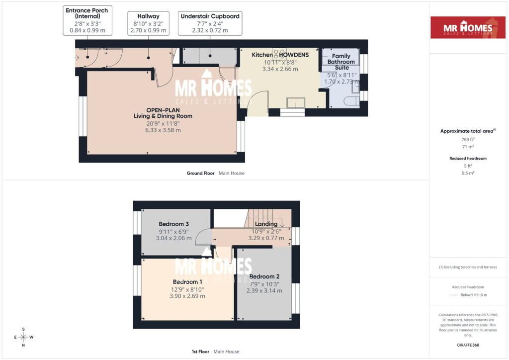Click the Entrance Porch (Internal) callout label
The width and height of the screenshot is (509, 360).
point(87,20)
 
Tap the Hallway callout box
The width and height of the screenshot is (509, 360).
point(148,23)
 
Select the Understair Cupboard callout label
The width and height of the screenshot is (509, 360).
point(210,23)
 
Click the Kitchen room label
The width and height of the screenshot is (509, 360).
point(262,55)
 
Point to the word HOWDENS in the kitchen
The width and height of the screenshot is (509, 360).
point(294,55)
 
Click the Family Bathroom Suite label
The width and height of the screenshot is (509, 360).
point(341,62)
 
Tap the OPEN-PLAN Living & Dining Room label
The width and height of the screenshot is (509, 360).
point(163,113)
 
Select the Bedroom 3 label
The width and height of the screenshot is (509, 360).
point(173,224)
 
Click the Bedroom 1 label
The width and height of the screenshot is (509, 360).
point(187,282)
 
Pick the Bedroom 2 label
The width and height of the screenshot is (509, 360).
point(264,276)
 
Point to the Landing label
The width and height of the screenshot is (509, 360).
point(266,224)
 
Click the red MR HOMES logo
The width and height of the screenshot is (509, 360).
point(468,27)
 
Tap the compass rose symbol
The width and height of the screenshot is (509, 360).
point(23,337)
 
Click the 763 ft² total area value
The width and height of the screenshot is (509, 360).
point(468,139)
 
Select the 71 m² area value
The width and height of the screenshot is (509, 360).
point(468,147)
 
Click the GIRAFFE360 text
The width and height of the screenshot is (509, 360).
point(468,345)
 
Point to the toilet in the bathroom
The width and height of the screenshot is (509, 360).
point(351,101)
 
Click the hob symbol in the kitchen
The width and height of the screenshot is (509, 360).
point(279,53)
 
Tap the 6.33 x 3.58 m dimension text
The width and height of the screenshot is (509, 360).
point(163,130)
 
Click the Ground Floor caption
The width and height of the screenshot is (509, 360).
point(200,174)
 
